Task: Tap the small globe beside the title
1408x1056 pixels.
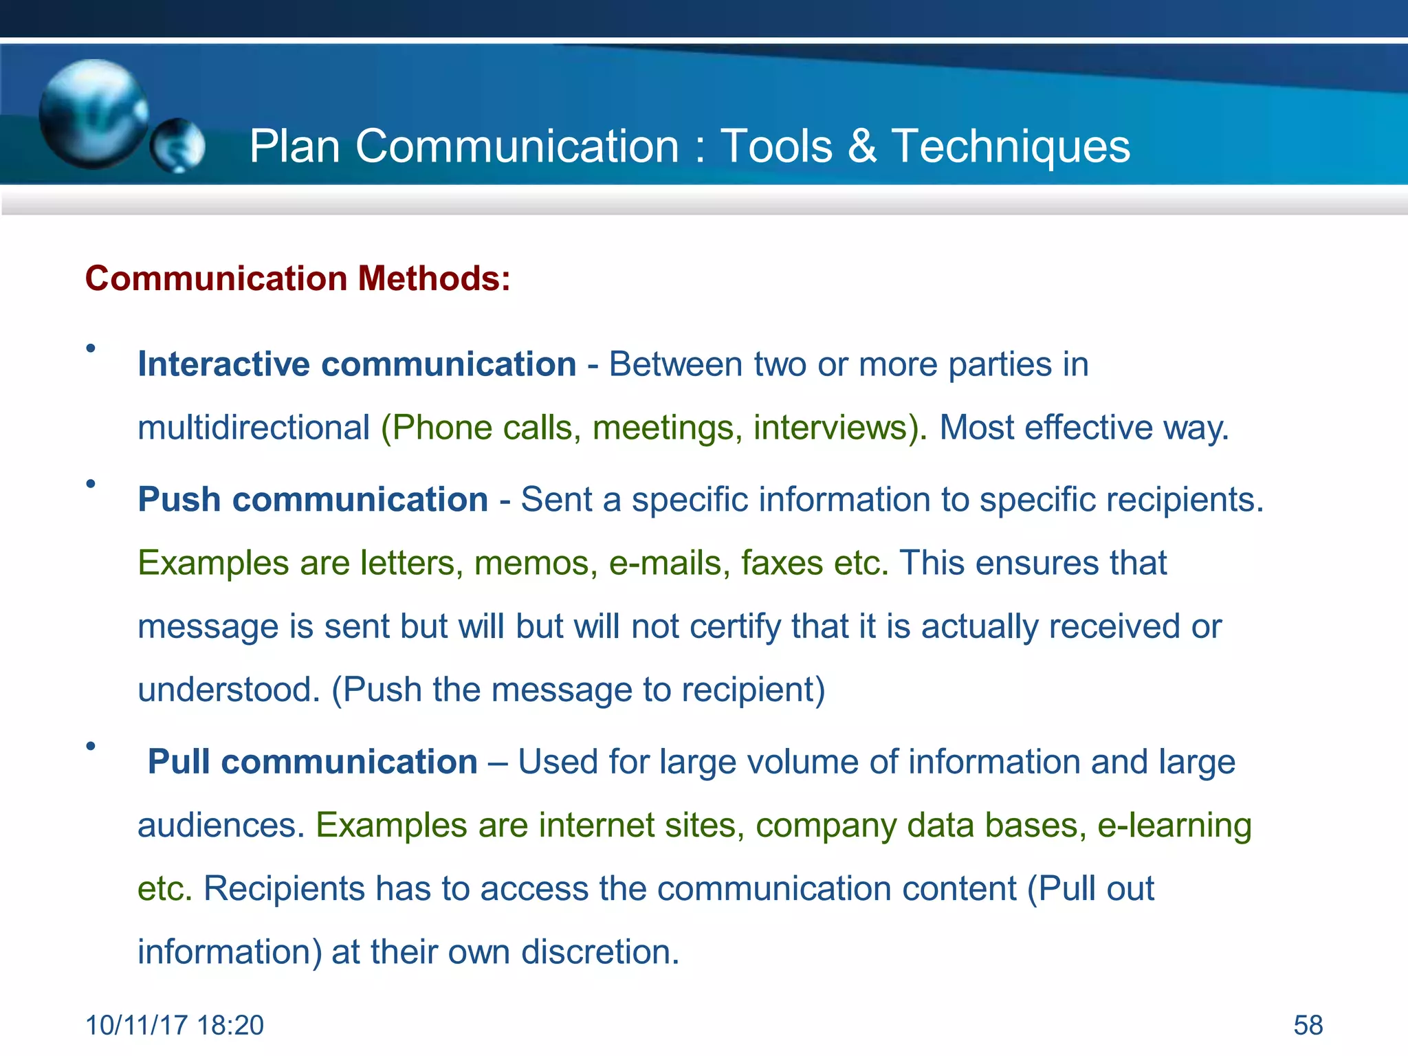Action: (177, 145)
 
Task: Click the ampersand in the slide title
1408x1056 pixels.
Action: (862, 146)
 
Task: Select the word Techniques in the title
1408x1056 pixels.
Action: (1011, 147)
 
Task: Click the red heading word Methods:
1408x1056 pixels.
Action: (433, 278)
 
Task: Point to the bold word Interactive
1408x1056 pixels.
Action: (223, 364)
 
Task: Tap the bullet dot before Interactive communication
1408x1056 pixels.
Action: (91, 349)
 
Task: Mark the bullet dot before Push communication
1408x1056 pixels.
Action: (91, 484)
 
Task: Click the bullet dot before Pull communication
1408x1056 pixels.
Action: (91, 746)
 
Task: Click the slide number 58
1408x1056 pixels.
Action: (1308, 1025)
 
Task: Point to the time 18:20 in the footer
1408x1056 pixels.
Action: (230, 1025)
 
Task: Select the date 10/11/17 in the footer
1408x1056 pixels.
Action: (136, 1025)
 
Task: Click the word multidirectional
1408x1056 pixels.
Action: (254, 428)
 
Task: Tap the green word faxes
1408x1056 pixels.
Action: (782, 563)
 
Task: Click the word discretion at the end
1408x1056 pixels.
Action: (599, 952)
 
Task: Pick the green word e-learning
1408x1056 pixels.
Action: (1174, 825)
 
